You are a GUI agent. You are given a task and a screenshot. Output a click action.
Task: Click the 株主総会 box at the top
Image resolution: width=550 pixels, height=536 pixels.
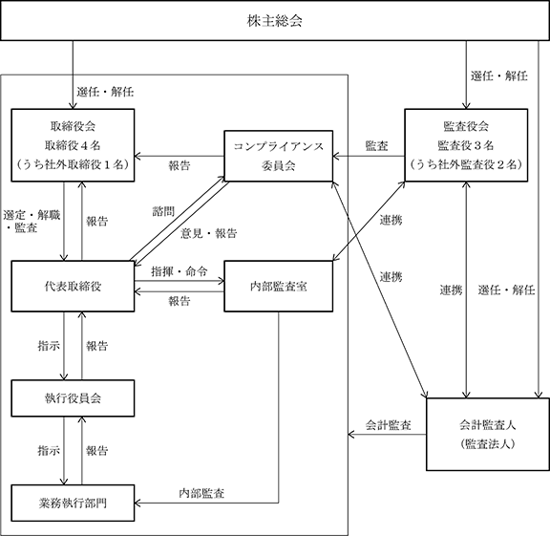[275, 20]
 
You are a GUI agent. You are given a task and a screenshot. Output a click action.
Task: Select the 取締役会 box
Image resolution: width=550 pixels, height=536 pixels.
[73, 145]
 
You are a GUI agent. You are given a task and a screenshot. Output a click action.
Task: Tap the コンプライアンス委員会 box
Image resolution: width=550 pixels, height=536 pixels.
[278, 156]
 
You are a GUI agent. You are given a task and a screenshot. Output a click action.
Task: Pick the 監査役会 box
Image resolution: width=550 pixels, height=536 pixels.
[466, 145]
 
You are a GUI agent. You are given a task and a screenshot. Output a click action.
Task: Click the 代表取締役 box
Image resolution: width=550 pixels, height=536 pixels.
[73, 286]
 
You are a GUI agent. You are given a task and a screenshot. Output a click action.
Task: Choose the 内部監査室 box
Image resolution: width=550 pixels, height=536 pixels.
[278, 286]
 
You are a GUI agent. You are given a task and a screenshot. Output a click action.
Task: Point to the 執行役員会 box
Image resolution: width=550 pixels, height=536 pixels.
[73, 398]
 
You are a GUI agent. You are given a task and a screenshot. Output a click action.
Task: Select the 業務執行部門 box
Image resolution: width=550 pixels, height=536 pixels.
[73, 503]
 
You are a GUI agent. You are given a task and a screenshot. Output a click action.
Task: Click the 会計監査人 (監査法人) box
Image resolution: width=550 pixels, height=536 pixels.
[488, 434]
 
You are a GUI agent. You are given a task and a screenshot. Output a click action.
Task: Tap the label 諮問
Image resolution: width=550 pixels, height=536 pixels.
[163, 211]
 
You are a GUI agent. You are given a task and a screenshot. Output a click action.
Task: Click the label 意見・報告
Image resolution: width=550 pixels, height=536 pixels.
[209, 233]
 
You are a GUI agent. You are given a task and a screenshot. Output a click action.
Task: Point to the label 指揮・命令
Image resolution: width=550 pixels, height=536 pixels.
[180, 271]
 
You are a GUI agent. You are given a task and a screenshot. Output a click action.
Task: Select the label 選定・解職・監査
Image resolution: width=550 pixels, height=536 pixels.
[32, 222]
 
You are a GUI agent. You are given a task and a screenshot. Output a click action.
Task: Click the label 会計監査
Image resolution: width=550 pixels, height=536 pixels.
[388, 425]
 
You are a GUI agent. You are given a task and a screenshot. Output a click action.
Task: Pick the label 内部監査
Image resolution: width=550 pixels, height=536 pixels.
[201, 493]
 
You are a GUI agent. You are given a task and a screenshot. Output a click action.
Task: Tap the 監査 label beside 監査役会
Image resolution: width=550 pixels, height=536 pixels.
[377, 145]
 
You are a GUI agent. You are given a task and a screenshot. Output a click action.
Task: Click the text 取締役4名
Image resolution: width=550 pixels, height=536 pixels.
[73, 145]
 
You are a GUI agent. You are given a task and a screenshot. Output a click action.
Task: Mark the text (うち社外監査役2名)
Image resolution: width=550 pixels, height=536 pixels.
[466, 164]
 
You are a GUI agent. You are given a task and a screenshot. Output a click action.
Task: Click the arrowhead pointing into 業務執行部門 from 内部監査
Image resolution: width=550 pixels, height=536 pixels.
[137, 503]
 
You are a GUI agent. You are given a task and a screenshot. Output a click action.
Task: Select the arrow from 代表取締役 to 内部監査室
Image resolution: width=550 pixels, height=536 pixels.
[180, 281]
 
